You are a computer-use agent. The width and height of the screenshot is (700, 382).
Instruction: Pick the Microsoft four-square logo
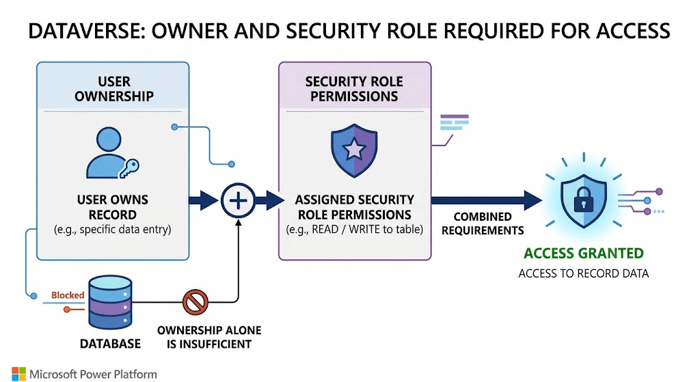pos(18,374)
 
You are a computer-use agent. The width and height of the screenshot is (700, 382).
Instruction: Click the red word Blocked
pos(68,295)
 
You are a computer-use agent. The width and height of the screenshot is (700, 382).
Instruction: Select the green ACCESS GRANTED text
pos(584,254)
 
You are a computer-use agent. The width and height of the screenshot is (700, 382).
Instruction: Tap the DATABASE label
pos(110,343)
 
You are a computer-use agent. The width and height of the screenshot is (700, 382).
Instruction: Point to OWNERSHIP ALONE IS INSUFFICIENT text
pos(209,337)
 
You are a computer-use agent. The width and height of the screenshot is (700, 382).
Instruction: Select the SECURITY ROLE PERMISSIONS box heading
pos(354,89)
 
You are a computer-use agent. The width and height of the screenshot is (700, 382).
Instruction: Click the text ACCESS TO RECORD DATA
pos(583,273)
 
